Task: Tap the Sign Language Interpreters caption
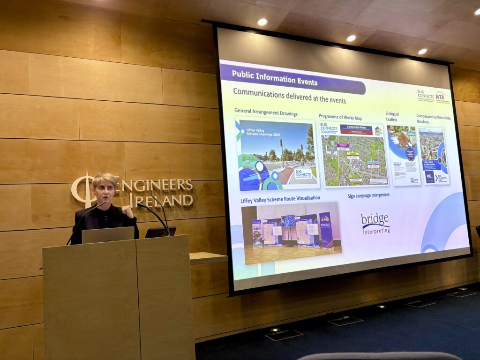368,195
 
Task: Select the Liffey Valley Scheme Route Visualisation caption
280,198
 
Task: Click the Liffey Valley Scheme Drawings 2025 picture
277,154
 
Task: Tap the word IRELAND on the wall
164,201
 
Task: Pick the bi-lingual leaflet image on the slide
404,155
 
